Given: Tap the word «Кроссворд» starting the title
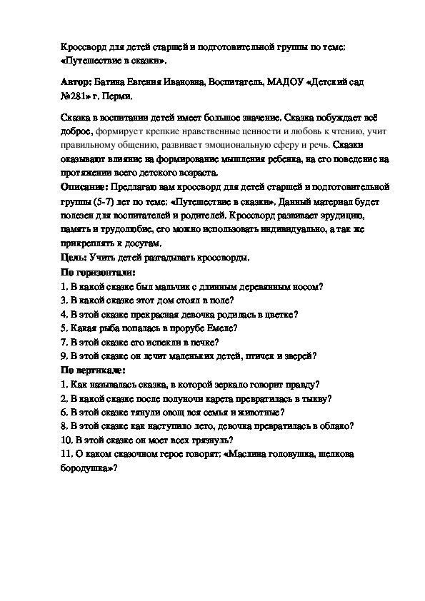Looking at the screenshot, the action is coord(80,46).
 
